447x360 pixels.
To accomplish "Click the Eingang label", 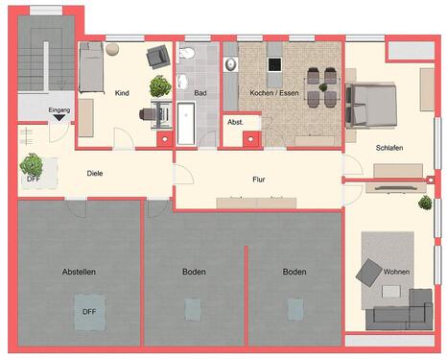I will pos(59,110).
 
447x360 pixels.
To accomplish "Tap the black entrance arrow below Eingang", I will pos(59,120).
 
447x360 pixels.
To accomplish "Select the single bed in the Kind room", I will pos(89,67).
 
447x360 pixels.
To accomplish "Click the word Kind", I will pos(122,93).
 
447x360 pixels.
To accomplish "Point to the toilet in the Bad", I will pos(188,55).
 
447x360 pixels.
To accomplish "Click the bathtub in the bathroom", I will pos(186,123).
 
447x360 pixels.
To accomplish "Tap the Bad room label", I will pos(200,93).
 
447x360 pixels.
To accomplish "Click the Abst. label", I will pos(235,123).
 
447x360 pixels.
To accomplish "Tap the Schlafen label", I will pos(388,148).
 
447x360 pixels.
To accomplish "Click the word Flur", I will pos(259,178).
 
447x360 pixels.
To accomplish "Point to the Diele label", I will pos(95,174).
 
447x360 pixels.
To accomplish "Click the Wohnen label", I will pos(396,272).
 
